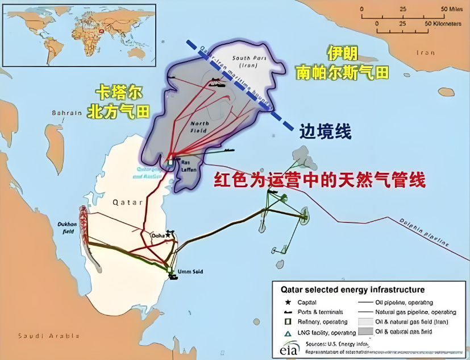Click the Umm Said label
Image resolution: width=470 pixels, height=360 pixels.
coord(191,272)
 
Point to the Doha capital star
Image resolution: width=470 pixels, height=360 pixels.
coord(168,234)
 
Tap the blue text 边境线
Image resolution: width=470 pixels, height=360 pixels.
coord(326,132)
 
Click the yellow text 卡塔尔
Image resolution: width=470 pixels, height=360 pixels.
coord(119,93)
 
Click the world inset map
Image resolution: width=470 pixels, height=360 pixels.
coord(79,35)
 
